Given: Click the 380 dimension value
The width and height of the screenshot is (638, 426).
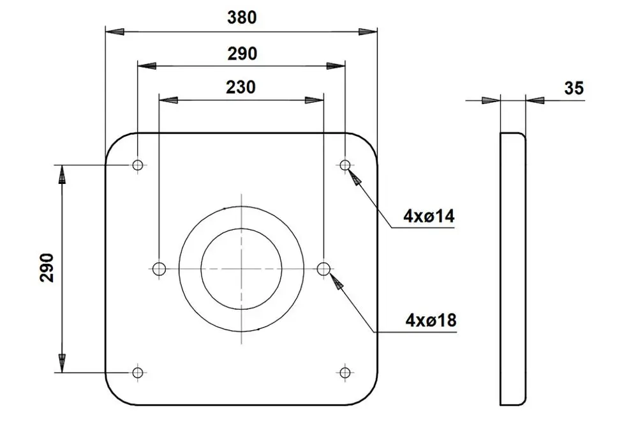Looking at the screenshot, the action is coord(242,17).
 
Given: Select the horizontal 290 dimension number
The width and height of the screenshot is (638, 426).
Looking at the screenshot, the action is coord(242,54).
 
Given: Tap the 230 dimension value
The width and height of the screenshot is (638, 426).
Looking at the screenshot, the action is coord(241,87).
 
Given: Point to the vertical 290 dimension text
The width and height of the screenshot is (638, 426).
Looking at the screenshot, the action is coord(47,268).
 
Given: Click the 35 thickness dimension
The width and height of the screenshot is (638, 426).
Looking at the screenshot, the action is coord(574,88).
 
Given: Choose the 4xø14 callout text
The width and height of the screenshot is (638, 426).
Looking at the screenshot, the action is coord(429,216).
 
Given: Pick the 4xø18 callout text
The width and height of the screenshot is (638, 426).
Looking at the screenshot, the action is coord(431,321).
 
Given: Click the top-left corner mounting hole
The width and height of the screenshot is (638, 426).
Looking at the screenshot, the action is coord(138,165).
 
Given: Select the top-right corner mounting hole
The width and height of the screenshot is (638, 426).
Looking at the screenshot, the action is coord(345,165).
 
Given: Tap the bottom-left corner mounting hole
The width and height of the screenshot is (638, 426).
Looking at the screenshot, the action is coord(138,372).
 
